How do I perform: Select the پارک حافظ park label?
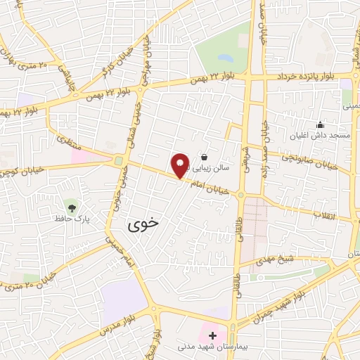coord(70,220)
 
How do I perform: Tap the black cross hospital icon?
coord(212,335)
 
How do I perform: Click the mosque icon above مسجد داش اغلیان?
coord(321,124)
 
